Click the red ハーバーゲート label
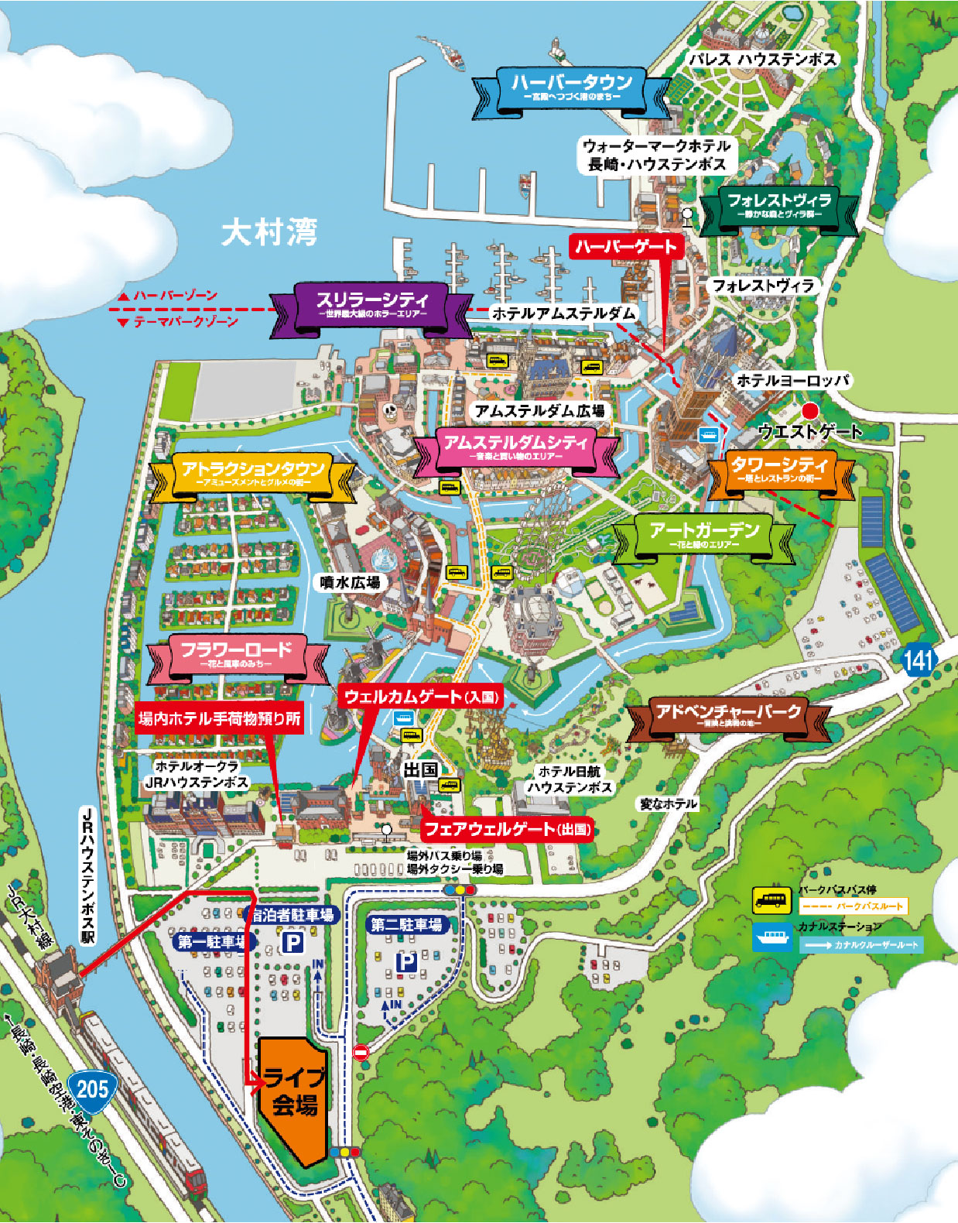tap(626, 247)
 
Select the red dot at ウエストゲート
tap(810, 410)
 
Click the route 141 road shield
tap(918, 660)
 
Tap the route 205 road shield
tap(92, 1088)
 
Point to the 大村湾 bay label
tap(269, 231)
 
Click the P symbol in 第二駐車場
tap(407, 962)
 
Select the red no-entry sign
tap(361, 1052)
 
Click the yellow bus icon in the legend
tap(772, 900)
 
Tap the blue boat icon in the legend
tap(772, 937)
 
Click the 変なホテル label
tap(668, 804)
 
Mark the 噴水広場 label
tap(350, 582)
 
